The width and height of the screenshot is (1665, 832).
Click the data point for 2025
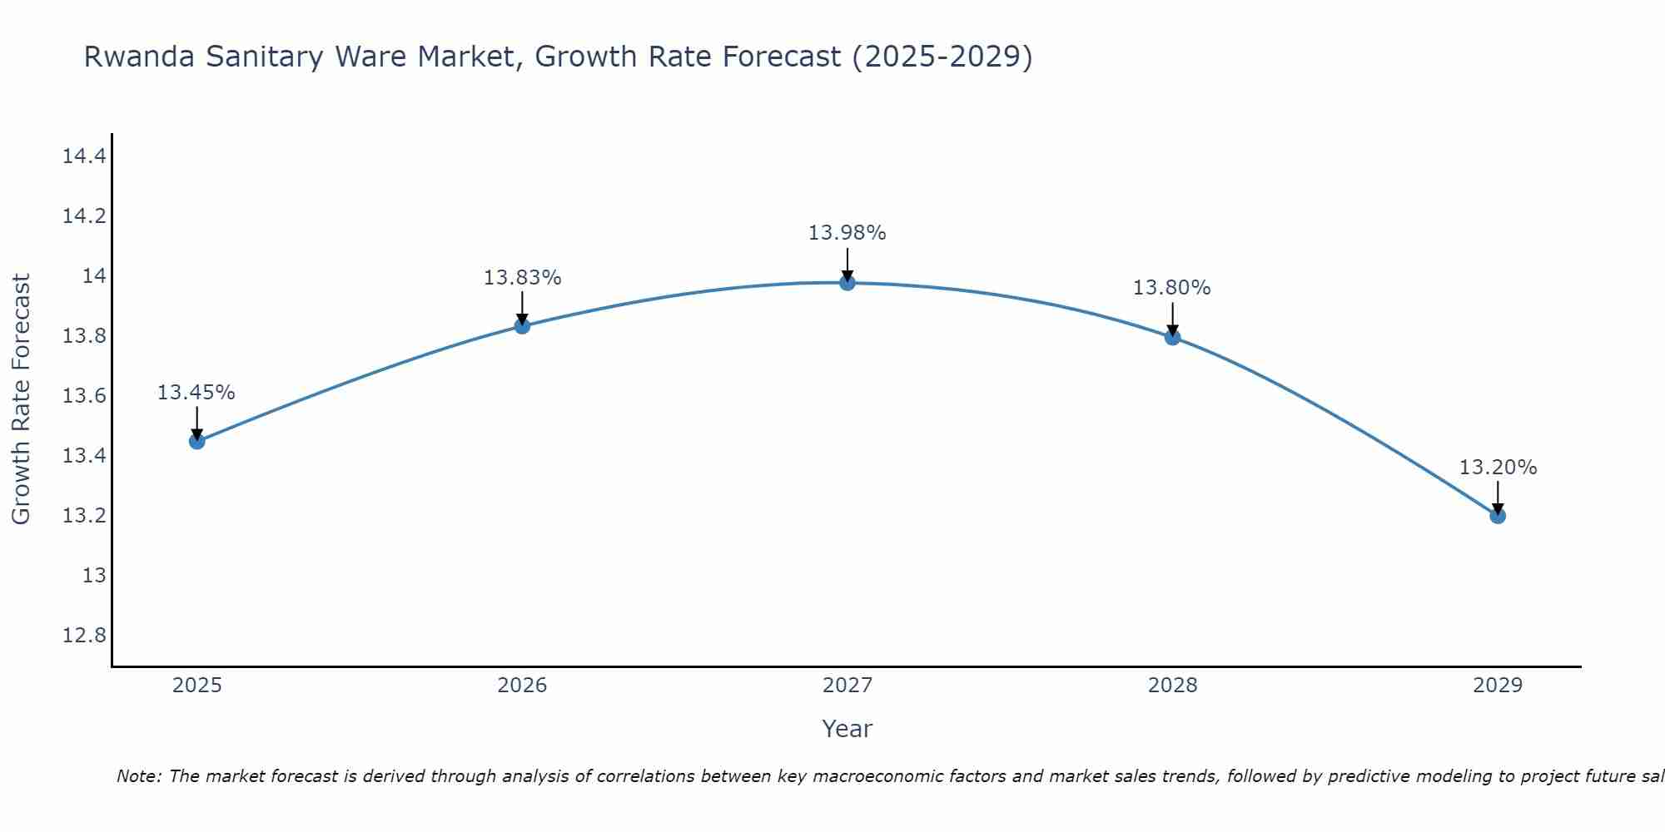coord(197,441)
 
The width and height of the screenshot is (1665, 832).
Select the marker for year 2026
coord(522,326)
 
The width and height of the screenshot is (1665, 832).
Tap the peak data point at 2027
coord(847,283)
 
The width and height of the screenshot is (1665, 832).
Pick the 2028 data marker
coord(1172,337)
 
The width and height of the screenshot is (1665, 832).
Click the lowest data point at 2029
coord(1498,516)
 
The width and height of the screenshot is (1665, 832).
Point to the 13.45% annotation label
coord(196,393)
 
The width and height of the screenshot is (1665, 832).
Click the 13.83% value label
coord(522,278)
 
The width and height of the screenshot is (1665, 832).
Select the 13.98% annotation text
coord(847,233)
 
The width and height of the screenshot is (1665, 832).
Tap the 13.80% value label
coord(1171,288)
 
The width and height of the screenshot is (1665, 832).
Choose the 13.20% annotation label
coord(1498,468)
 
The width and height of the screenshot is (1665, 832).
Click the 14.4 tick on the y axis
coord(84,156)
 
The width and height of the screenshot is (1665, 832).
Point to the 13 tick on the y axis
coord(94,576)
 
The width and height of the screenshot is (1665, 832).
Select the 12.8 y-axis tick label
coord(84,636)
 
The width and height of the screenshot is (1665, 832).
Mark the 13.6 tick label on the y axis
coord(84,396)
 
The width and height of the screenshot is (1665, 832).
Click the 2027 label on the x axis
coord(847,686)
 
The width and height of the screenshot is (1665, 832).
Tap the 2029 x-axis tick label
coord(1498,686)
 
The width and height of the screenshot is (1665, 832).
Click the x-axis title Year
coord(847,729)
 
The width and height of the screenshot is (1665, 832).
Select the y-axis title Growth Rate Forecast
coord(21,399)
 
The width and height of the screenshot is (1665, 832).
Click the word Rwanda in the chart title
coord(139,57)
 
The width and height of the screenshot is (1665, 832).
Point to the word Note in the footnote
coord(138,776)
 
